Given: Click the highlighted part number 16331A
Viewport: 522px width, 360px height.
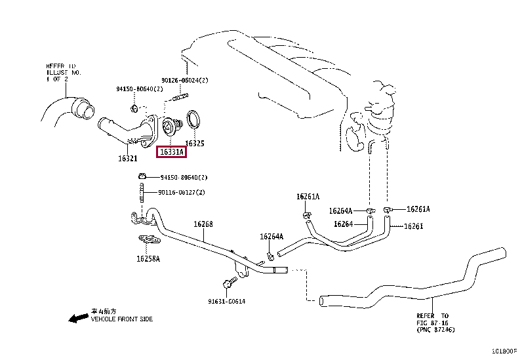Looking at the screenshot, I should [171, 152].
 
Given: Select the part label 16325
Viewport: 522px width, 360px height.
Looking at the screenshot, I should [195, 142].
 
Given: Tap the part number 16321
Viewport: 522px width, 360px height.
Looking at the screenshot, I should [127, 158].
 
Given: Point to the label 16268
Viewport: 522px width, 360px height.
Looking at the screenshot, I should [203, 224].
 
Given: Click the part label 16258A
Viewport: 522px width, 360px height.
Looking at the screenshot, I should [148, 258].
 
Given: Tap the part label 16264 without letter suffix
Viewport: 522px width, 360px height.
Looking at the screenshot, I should [343, 224].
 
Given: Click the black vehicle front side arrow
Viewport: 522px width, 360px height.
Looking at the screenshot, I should [79, 318].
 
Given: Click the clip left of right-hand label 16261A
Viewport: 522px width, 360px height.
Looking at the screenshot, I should [388, 209].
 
